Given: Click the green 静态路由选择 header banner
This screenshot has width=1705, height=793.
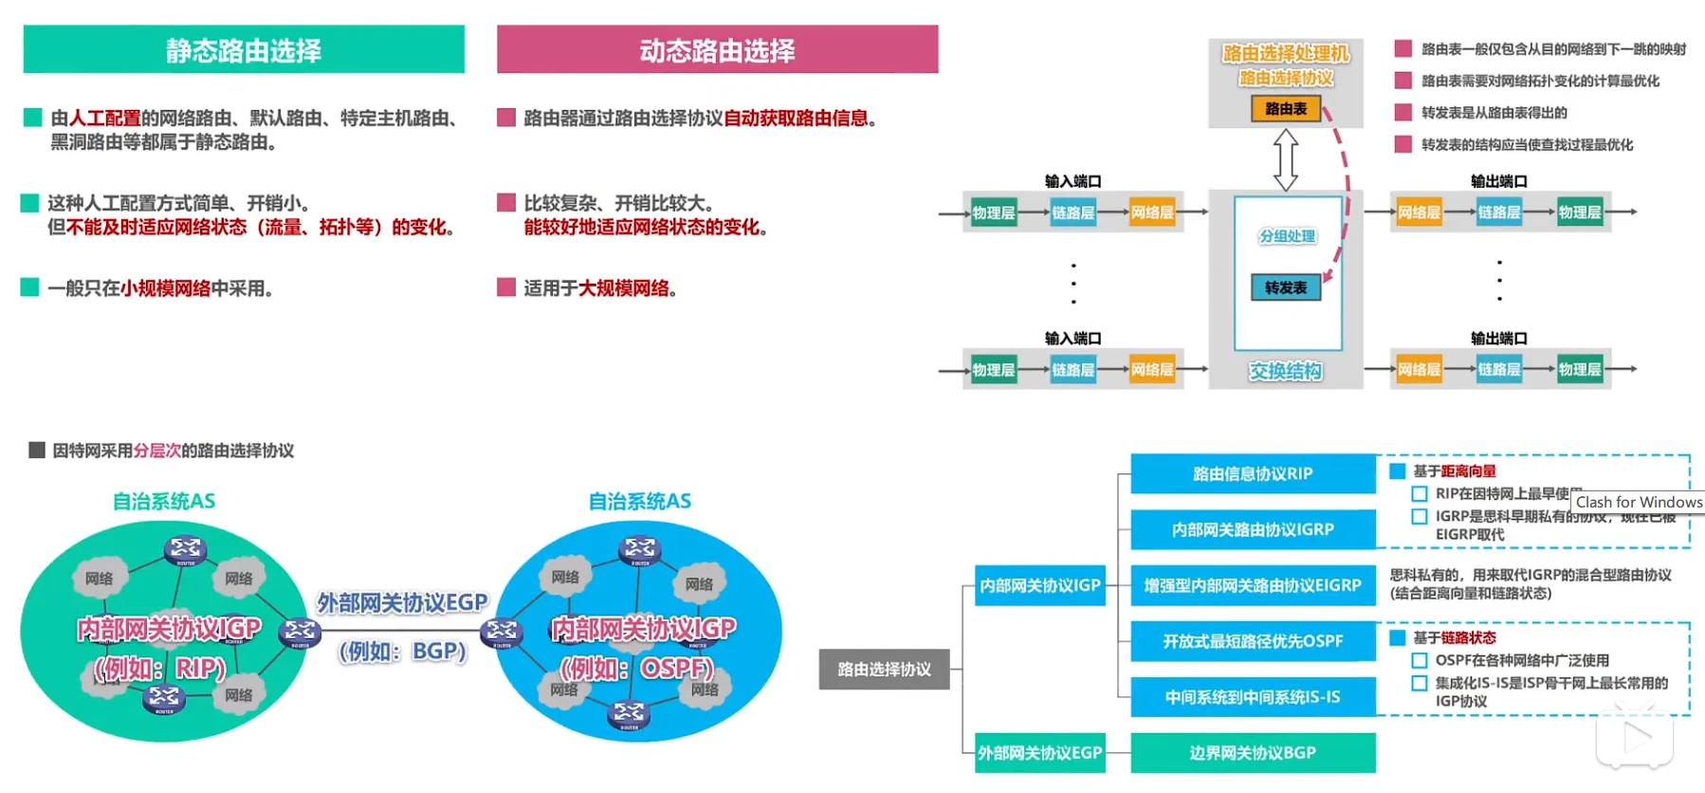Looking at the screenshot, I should [x=244, y=49].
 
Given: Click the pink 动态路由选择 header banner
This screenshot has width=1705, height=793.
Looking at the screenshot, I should [x=717, y=49].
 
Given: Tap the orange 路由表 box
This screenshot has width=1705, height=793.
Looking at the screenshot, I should [x=1285, y=109].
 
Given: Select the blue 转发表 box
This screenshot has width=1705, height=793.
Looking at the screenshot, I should [x=1285, y=287].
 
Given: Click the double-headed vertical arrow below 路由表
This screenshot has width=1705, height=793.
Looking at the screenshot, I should [x=1285, y=159].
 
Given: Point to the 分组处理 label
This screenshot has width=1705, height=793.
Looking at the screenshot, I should [x=1287, y=236].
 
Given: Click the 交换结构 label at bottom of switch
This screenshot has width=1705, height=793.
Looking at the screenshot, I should [x=1285, y=371].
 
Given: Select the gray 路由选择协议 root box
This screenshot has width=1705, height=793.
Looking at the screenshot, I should [x=884, y=669].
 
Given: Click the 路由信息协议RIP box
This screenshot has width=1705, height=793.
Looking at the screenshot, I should [x=1252, y=473].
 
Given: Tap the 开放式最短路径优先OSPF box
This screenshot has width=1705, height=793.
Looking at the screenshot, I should [x=1252, y=641].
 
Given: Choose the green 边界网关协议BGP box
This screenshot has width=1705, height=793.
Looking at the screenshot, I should [x=1252, y=752].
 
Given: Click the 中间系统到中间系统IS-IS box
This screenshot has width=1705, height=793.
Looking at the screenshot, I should [x=1252, y=697].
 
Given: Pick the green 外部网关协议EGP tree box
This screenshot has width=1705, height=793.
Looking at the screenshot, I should [x=1039, y=752].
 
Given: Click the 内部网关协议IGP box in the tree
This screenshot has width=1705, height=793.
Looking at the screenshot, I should [x=1039, y=585].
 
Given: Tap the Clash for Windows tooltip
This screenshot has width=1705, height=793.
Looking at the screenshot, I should [x=1638, y=502].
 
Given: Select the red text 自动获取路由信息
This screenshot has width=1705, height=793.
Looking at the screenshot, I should [x=796, y=118].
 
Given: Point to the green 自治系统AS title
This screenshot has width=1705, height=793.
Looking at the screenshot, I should [x=163, y=501].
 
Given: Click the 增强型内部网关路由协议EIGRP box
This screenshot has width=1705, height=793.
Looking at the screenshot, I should [x=1252, y=585].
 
